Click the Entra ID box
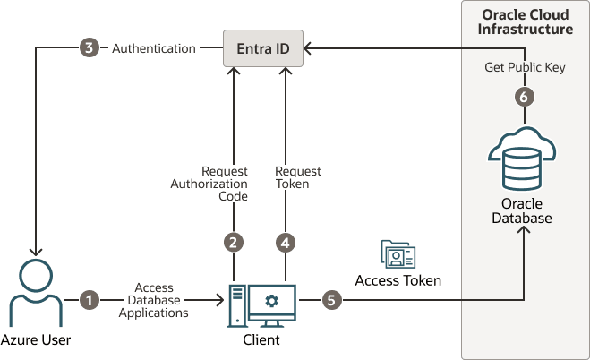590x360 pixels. (263, 48)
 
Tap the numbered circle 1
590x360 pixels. (90, 300)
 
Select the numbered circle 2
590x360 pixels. (234, 243)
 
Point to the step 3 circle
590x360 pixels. (90, 47)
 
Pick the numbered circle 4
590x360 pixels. (286, 243)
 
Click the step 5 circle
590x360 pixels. (331, 300)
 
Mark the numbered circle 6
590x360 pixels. (524, 97)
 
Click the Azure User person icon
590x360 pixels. (36, 293)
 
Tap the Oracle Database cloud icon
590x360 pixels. (522, 159)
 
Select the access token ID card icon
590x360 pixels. (398, 254)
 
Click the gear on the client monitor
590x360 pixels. (271, 301)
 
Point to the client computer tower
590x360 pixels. (237, 306)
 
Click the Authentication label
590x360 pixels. (154, 48)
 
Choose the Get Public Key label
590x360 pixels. (525, 67)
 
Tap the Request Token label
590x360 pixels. (297, 177)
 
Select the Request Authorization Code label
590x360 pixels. (209, 184)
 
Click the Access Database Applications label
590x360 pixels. (153, 300)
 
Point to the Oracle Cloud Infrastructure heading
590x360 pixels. (526, 21)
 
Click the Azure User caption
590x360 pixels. (36, 339)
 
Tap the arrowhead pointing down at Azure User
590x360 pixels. (36, 252)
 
